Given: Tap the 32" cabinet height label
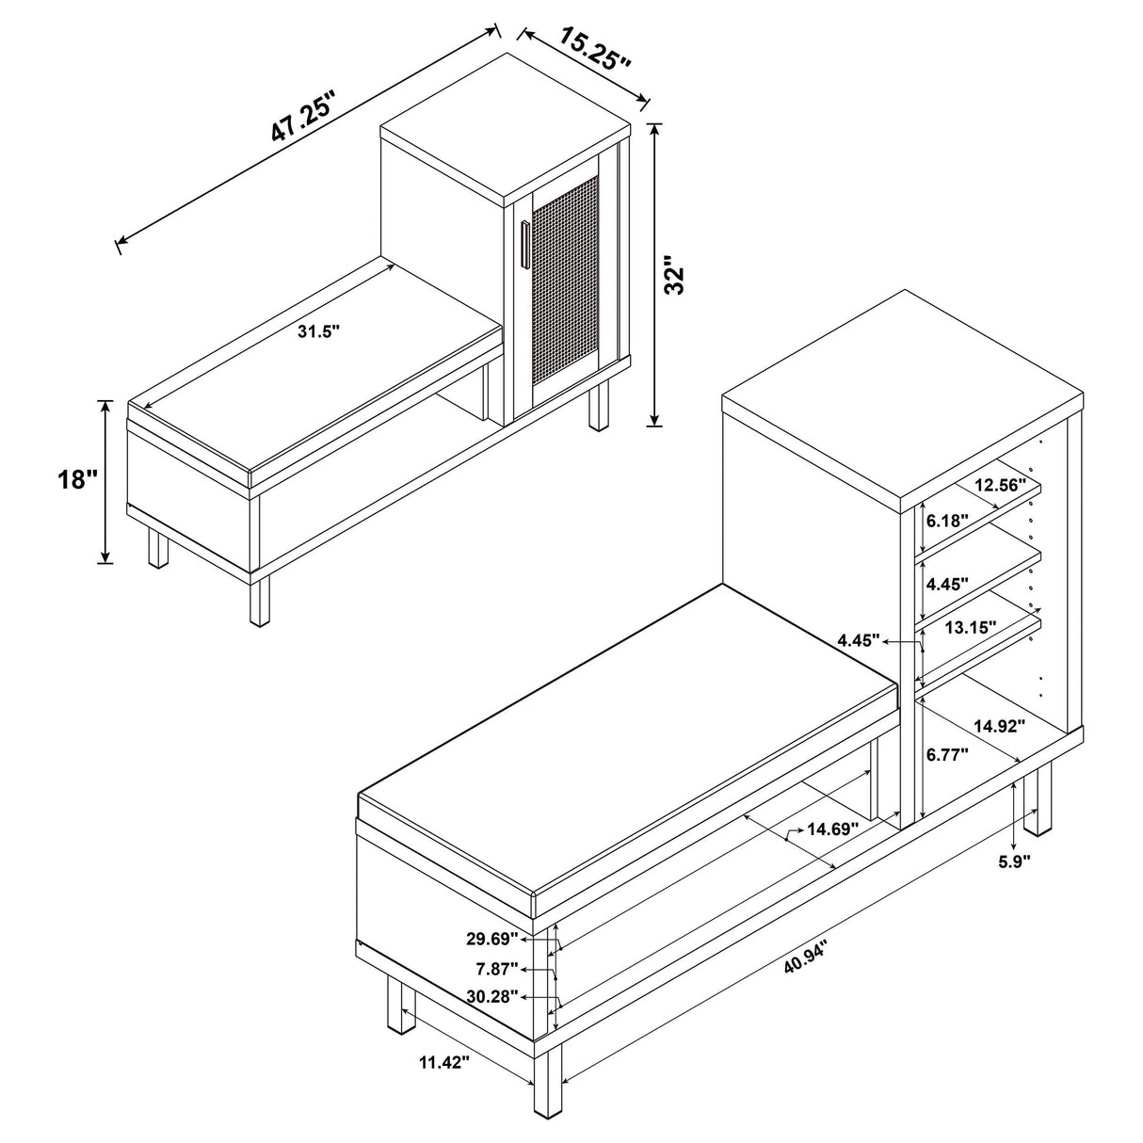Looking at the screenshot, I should point(674,275).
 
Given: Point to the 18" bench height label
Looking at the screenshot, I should point(76,480).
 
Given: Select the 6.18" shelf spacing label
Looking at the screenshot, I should point(946,520).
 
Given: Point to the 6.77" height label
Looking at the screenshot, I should point(947,753).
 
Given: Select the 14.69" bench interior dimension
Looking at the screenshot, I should point(834,829).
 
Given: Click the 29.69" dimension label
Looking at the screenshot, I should point(491,938).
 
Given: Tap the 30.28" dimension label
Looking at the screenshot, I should point(491,997).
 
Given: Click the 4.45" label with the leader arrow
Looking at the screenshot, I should point(859,640).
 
